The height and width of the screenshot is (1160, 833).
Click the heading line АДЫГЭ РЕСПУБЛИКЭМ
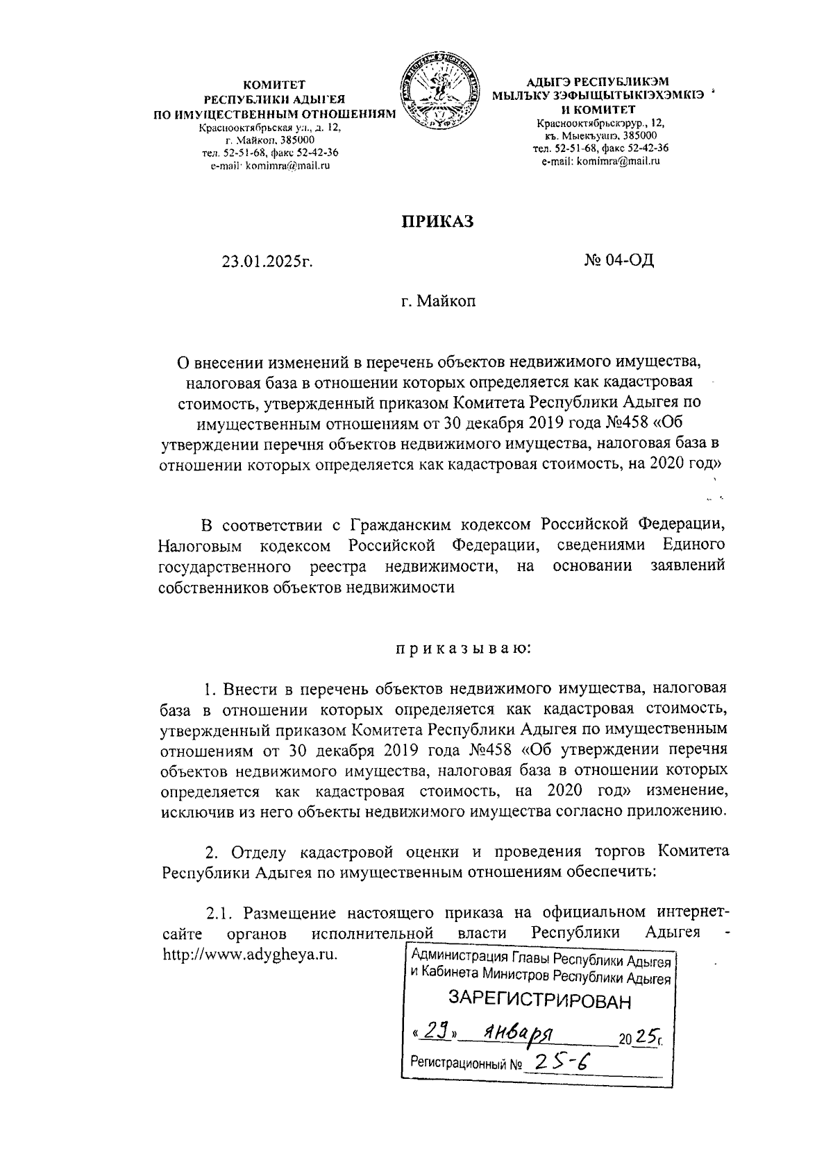click(600, 83)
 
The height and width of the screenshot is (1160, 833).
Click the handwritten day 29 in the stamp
click(434, 1033)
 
